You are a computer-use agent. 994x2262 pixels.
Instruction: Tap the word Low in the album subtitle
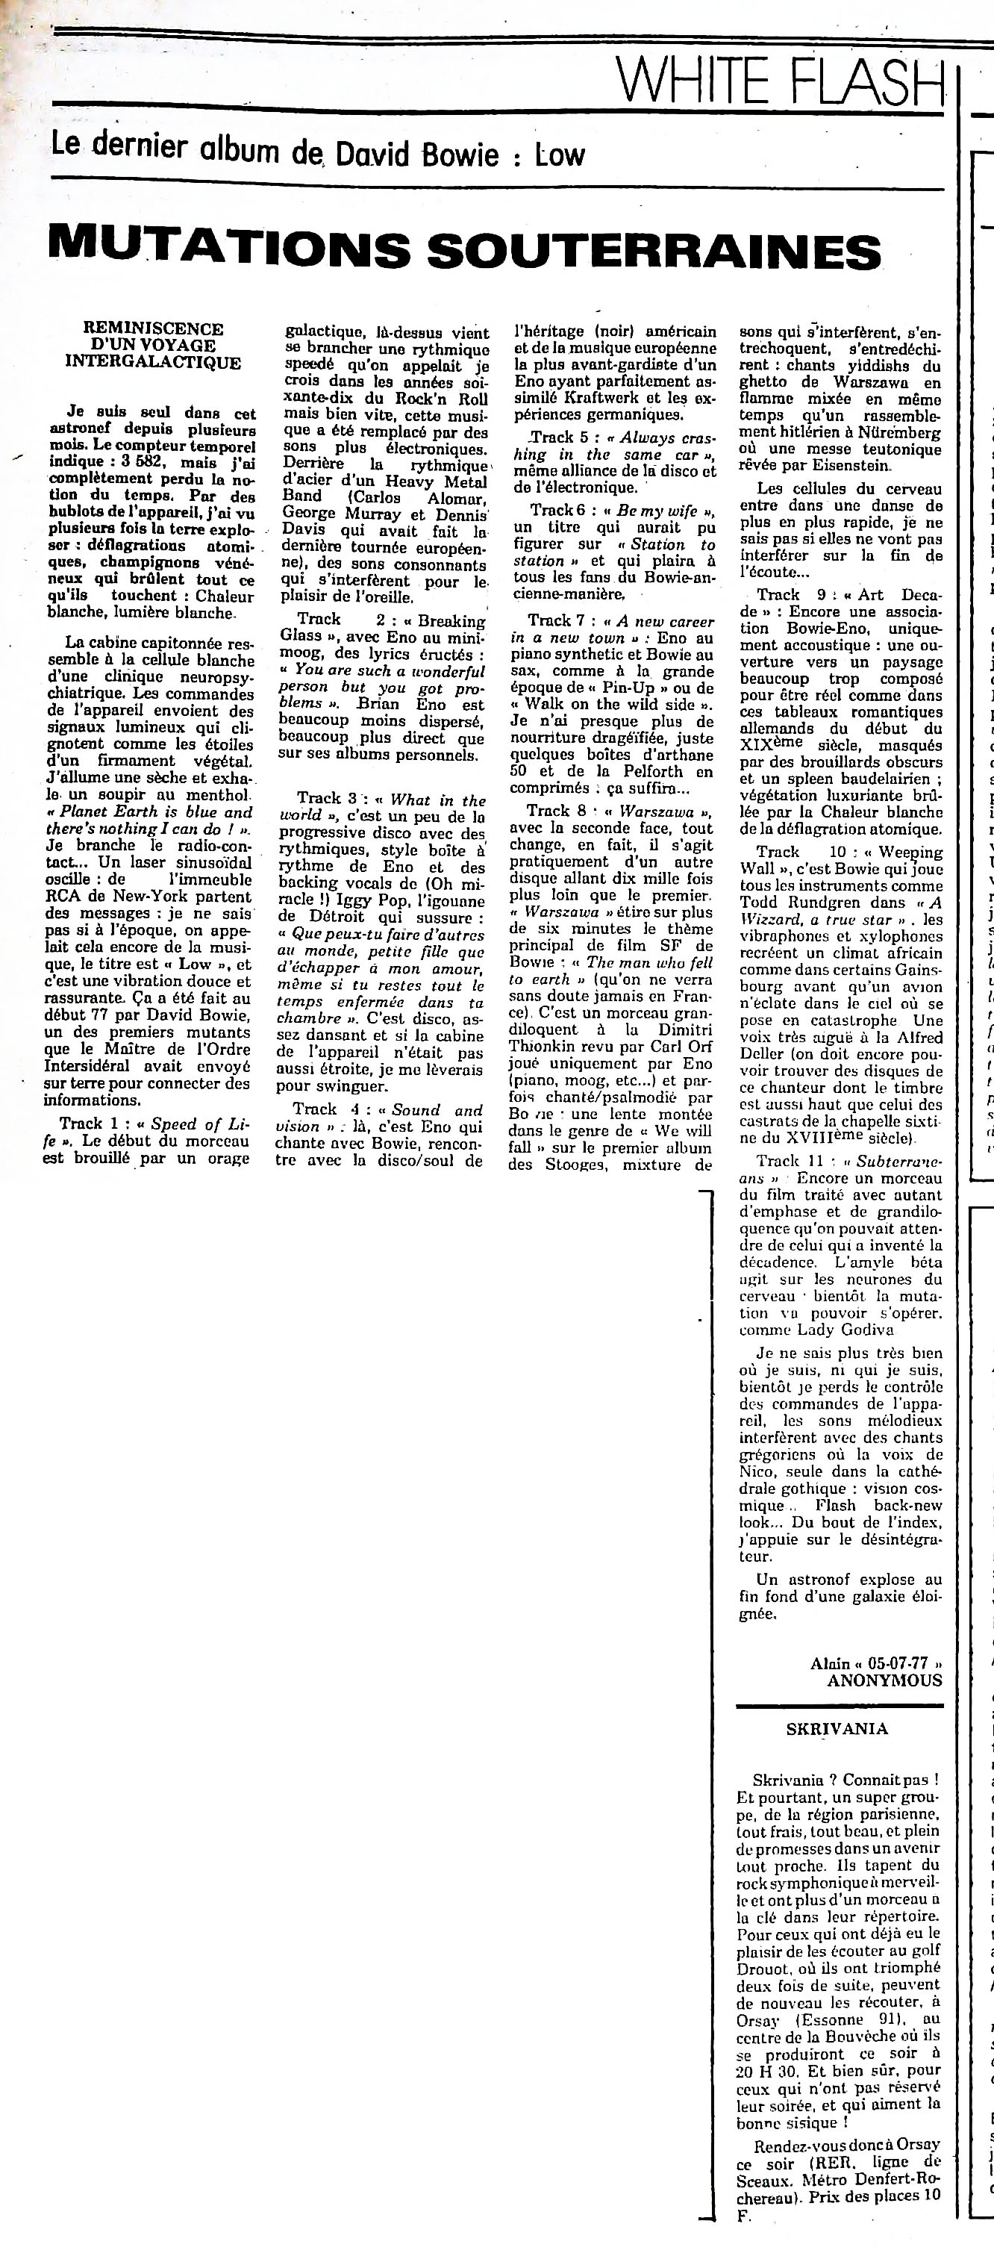[560, 155]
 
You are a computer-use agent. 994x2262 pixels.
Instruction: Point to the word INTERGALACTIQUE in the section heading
[153, 363]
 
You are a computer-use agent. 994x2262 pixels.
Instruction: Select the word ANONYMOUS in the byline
[884, 1680]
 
